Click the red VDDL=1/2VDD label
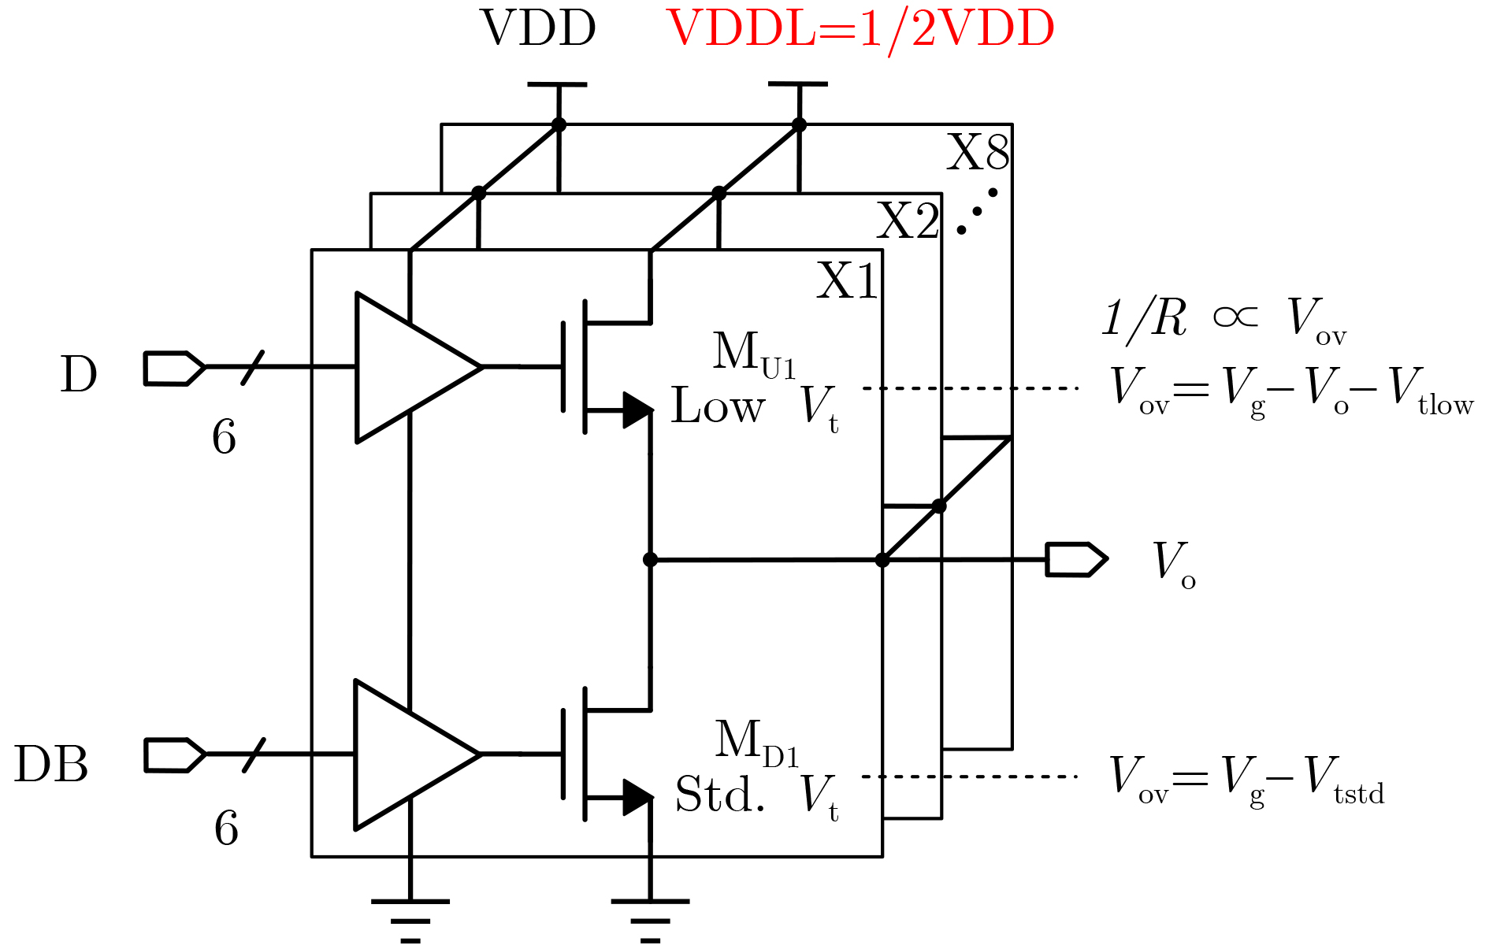coord(860,30)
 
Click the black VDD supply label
coord(538,28)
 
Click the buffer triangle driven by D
coord(410,367)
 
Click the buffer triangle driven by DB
coord(410,754)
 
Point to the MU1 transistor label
coord(754,354)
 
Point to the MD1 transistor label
coord(756,743)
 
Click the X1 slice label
coord(847,281)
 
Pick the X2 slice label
coord(908,221)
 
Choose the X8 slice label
coord(977,153)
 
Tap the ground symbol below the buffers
coord(410,917)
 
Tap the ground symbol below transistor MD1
coord(650,917)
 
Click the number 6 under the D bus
coord(224,437)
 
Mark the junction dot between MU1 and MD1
coord(650,560)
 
